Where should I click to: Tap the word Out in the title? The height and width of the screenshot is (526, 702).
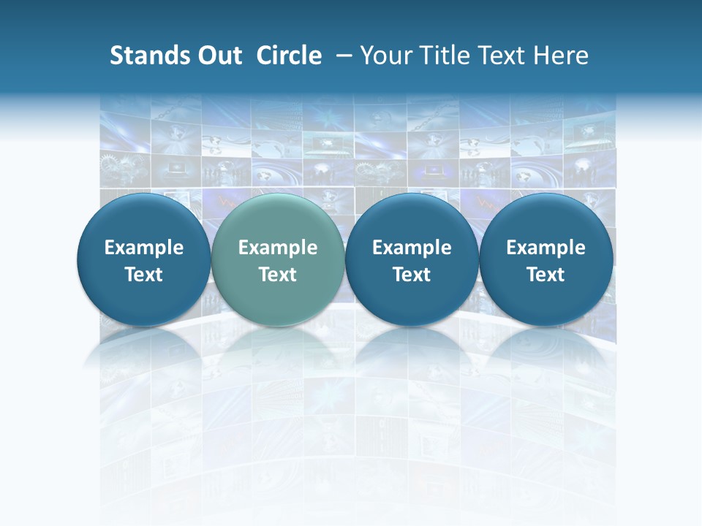coord(218,56)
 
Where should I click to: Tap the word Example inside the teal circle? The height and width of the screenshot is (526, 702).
coord(278,248)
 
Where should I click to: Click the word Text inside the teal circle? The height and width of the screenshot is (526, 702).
coord(278,275)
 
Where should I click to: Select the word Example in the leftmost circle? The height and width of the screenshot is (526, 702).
coord(144,248)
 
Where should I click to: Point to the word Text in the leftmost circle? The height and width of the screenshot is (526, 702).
coord(144,275)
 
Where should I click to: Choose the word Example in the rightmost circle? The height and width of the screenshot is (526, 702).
coord(546,248)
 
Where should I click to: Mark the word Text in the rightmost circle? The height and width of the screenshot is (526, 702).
coord(546,275)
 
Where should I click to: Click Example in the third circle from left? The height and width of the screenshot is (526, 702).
coord(412,248)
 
